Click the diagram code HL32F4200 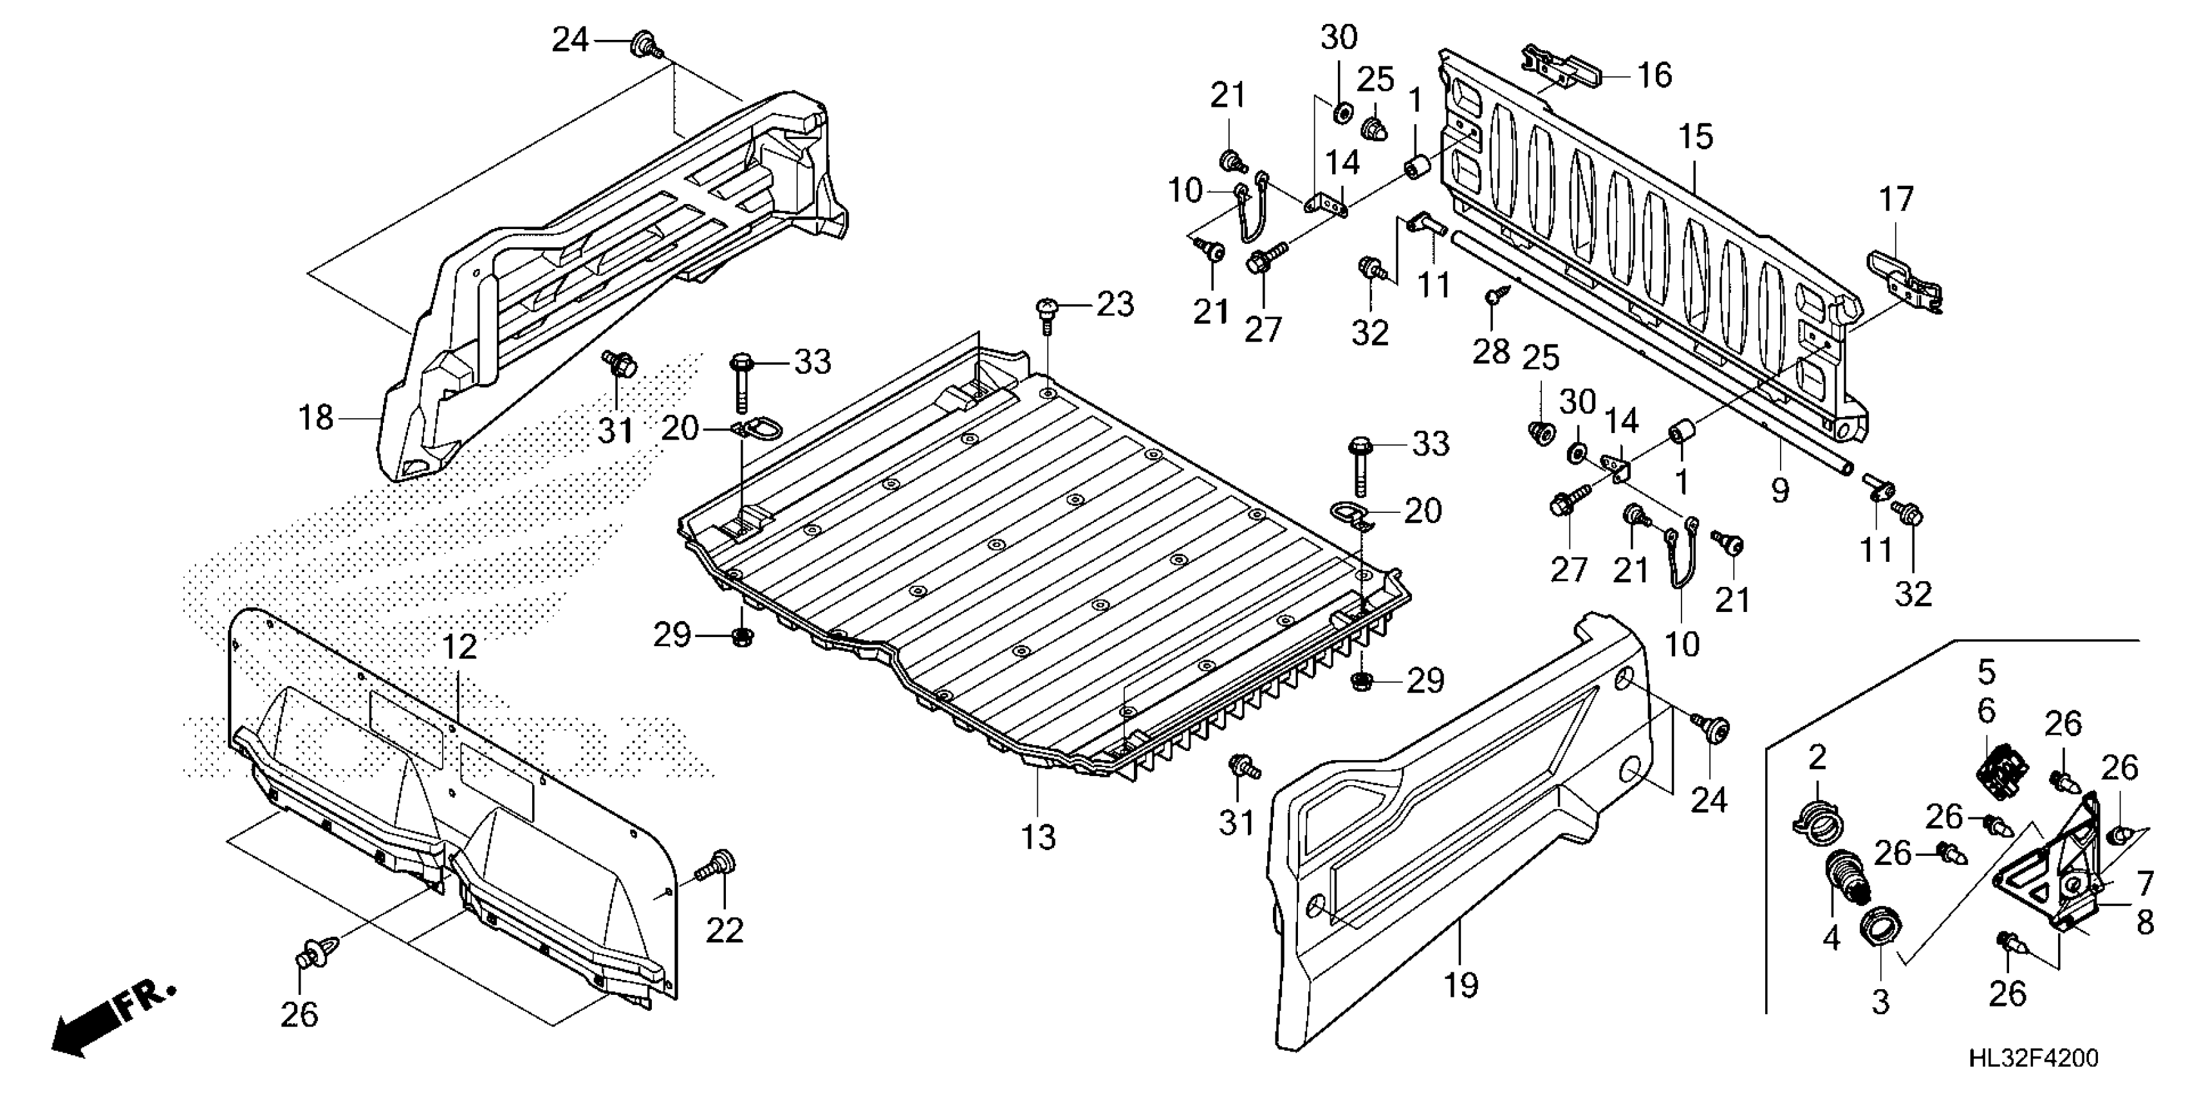pyautogui.click(x=2031, y=1059)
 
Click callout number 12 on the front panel pyautogui.click(x=459, y=648)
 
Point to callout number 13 pyautogui.click(x=1038, y=837)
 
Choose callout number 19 pyautogui.click(x=1461, y=985)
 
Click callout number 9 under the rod pyautogui.click(x=1779, y=490)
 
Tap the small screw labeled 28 pyautogui.click(x=1492, y=298)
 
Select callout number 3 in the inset pyautogui.click(x=1880, y=1002)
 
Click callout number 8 pyautogui.click(x=2145, y=922)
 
